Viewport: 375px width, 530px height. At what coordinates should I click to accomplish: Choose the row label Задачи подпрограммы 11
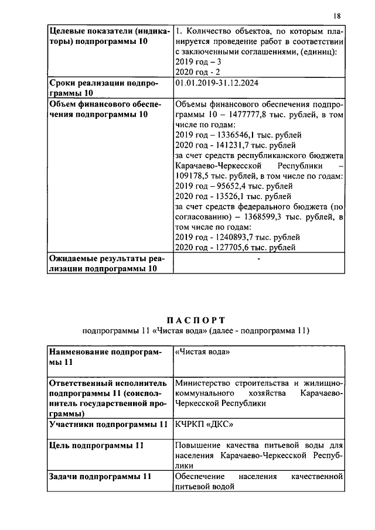point(100,477)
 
